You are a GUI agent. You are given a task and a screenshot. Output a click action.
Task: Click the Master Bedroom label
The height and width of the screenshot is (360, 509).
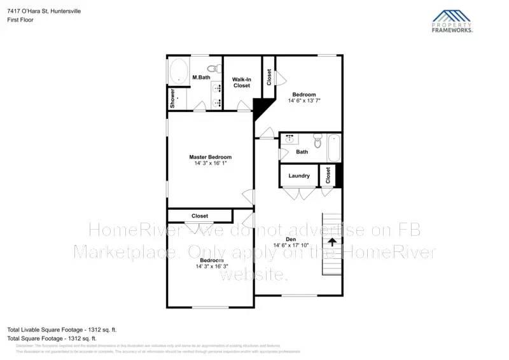click(x=210, y=157)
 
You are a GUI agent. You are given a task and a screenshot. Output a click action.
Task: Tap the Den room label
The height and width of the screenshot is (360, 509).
click(x=291, y=239)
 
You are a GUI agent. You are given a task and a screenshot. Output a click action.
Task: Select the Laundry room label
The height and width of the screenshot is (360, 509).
click(x=299, y=176)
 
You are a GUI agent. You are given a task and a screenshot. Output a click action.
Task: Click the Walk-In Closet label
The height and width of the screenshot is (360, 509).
click(x=241, y=82)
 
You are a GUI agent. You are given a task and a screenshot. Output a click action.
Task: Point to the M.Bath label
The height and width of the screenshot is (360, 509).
click(x=201, y=78)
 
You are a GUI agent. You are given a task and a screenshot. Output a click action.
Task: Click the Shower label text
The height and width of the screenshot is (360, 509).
click(x=172, y=99)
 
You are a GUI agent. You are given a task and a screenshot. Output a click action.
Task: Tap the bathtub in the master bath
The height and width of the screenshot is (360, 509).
click(x=178, y=71)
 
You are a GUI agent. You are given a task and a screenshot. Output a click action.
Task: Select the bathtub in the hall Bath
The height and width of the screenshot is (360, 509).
click(x=333, y=148)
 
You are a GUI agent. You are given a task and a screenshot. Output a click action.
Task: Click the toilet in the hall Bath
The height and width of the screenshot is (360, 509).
click(x=317, y=140)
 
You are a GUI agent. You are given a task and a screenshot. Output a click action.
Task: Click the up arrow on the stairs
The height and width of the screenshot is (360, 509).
click(x=331, y=241)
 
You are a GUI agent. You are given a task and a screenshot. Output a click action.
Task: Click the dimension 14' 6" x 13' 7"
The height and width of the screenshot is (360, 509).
click(x=304, y=100)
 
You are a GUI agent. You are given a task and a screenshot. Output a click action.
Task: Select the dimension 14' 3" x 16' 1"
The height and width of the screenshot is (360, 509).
click(x=210, y=163)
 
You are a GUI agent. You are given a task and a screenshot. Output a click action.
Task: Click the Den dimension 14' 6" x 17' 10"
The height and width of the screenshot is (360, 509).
click(x=291, y=245)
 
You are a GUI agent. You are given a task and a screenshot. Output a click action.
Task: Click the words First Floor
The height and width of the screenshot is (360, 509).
click(x=21, y=20)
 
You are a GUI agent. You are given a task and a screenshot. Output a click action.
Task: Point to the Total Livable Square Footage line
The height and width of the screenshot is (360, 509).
click(x=62, y=329)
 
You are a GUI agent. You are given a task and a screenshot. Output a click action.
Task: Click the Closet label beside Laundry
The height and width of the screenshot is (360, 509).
click(x=328, y=175)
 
